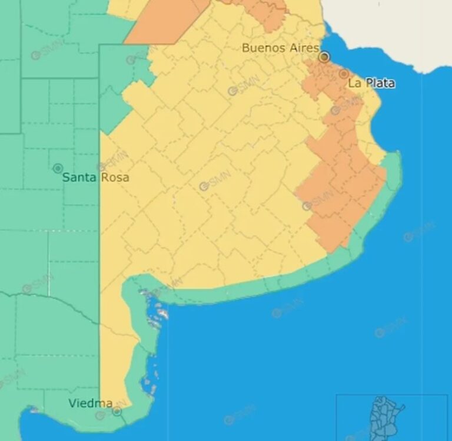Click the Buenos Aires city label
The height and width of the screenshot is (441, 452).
[280, 48]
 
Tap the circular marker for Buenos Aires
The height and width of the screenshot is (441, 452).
[324, 57]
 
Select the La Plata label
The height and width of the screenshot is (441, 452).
[371, 83]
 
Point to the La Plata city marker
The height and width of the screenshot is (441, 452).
[344, 74]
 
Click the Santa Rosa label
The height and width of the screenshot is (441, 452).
[95, 177]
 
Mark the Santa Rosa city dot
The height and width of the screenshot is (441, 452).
[58, 169]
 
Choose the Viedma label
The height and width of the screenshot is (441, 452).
[90, 403]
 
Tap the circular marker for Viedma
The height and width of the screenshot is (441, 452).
[117, 411]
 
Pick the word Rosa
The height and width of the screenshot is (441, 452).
[116, 177]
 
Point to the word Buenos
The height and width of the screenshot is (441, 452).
[262, 48]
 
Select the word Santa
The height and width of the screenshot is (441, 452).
[78, 177]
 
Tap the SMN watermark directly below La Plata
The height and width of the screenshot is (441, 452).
[346, 106]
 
